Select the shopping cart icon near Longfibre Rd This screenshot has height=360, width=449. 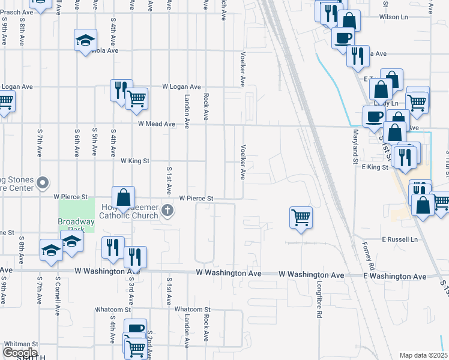pyautogui.click(x=301, y=217)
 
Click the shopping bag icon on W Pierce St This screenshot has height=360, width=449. pyautogui.click(x=123, y=196)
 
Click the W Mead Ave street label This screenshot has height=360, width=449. pyautogui.click(x=156, y=124)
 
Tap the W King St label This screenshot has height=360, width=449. pyautogui.click(x=134, y=161)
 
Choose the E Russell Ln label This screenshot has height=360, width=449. pyautogui.click(x=399, y=239)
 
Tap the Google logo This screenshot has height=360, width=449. pyautogui.click(x=20, y=353)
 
